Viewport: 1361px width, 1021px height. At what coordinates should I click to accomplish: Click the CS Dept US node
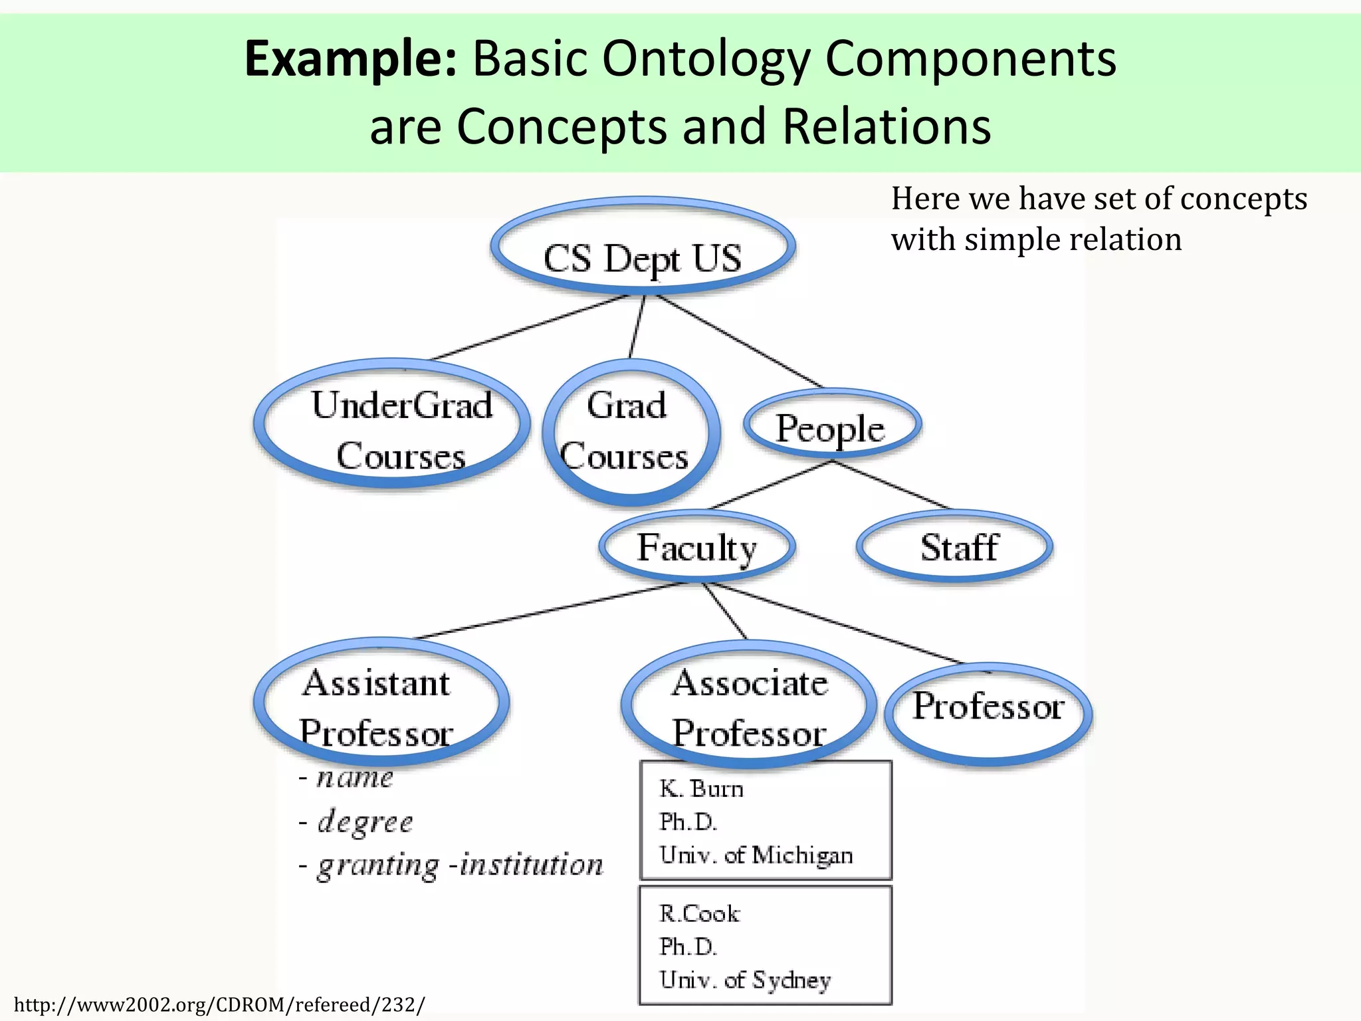[x=643, y=257]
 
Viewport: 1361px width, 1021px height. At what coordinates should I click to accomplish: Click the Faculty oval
[x=696, y=547]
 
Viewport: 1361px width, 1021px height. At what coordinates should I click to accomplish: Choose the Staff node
[x=956, y=547]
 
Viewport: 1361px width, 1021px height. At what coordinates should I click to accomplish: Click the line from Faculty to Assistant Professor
[x=552, y=610]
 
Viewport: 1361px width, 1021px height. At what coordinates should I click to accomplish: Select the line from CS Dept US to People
[x=739, y=341]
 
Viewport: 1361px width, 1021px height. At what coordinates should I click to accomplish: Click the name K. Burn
[x=701, y=789]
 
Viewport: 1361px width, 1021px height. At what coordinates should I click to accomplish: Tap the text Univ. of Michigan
[x=756, y=855]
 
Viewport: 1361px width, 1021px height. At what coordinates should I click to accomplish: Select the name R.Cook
[x=698, y=914]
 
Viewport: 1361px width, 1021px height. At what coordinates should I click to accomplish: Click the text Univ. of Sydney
[x=745, y=980]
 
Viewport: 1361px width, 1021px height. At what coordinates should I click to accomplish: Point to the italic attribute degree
[x=365, y=822]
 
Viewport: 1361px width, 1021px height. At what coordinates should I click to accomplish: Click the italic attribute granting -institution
[x=460, y=865]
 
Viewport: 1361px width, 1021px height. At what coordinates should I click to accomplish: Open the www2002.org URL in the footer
[x=219, y=1004]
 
